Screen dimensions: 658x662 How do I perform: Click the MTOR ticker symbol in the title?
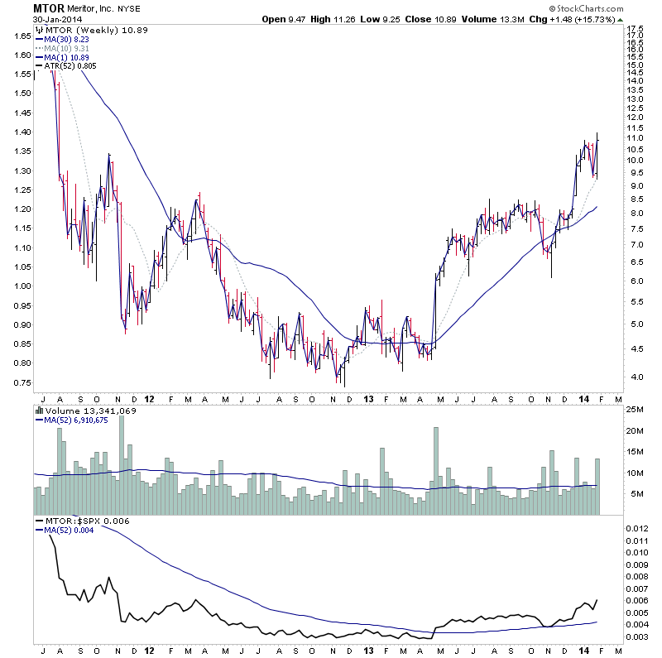[50, 8]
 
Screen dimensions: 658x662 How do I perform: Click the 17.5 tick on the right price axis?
[636, 29]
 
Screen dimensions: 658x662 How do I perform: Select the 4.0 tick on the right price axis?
[633, 377]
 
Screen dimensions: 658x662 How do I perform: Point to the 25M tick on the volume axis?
[635, 409]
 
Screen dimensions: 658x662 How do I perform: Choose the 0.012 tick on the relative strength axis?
[637, 528]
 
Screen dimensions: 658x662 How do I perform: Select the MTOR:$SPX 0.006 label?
[84, 520]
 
